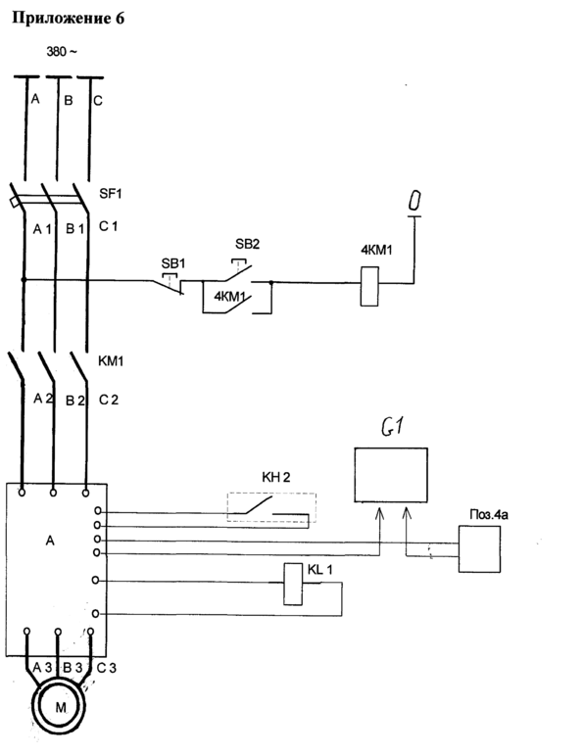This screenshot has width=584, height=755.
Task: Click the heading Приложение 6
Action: tap(68, 19)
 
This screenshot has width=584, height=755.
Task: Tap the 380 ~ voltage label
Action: tap(61, 52)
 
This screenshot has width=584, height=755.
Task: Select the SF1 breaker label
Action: tap(111, 194)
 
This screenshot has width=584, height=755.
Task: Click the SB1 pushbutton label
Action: tap(173, 263)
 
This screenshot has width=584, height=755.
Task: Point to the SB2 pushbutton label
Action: tap(247, 244)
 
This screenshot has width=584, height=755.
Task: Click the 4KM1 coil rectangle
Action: tap(369, 287)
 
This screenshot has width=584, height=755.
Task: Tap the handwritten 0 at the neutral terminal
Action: tap(414, 201)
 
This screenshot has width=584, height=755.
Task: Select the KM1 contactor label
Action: tap(111, 361)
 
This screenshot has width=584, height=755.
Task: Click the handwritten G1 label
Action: tap(392, 426)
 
